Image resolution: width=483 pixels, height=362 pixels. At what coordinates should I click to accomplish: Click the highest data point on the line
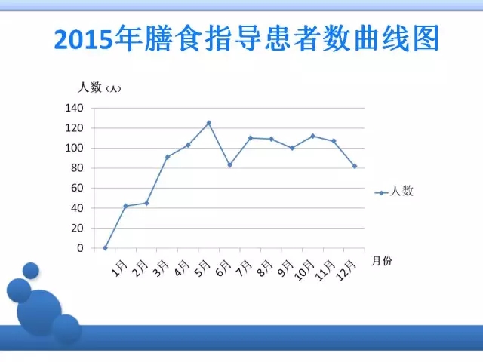(x=209, y=123)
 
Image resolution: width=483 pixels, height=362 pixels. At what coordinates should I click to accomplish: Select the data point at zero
(x=105, y=248)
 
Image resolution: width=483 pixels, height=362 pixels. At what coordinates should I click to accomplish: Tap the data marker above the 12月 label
(x=355, y=166)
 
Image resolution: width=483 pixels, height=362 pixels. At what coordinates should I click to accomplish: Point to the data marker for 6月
(x=229, y=165)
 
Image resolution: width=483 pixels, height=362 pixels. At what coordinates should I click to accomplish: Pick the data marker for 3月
(x=168, y=157)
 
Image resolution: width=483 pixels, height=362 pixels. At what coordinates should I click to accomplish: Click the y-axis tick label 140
(x=74, y=108)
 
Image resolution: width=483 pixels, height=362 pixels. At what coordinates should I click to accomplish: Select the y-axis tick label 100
(x=74, y=148)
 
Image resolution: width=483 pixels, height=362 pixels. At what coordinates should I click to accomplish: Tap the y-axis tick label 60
(x=77, y=188)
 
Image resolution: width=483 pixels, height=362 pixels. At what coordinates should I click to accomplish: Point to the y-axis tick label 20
(x=77, y=228)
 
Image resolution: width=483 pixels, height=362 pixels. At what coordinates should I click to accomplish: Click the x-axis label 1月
(x=119, y=268)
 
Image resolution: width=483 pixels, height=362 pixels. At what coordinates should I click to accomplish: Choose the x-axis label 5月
(x=203, y=268)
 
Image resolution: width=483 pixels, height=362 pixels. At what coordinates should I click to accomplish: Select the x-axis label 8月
(x=265, y=268)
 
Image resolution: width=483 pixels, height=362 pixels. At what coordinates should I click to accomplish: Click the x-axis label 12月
(x=346, y=270)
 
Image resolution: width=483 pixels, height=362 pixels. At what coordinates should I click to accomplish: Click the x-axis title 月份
(x=382, y=261)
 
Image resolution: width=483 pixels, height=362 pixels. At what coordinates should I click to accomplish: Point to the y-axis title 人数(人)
(x=99, y=87)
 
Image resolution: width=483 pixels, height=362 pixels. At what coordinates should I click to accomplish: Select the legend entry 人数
(x=394, y=191)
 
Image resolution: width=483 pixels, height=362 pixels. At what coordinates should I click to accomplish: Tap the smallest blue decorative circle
(x=31, y=271)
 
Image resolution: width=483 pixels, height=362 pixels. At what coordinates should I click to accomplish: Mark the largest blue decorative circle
(x=39, y=312)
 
